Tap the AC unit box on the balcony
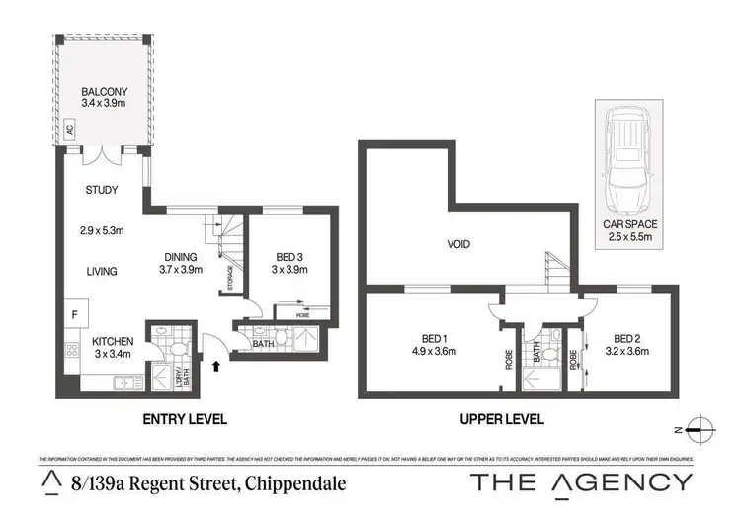pyautogui.click(x=70, y=131)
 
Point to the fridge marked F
pyautogui.click(x=73, y=315)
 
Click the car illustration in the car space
pyautogui.click(x=625, y=160)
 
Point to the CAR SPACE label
pyautogui.click(x=630, y=225)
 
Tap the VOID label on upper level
pyautogui.click(x=457, y=243)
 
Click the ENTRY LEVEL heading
pyautogui.click(x=186, y=419)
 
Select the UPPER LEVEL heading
pyautogui.click(x=503, y=419)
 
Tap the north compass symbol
pyautogui.click(x=700, y=428)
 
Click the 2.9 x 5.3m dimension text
pyautogui.click(x=102, y=232)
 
